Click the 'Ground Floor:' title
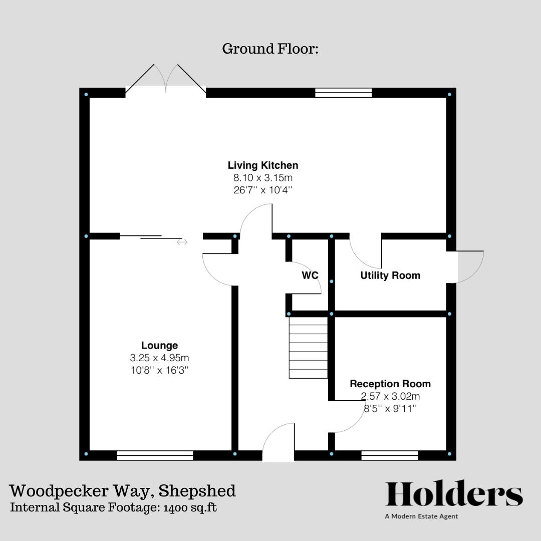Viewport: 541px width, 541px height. tap(270, 49)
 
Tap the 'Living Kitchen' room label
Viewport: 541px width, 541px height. tap(263, 165)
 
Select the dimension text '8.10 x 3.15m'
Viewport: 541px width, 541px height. tap(263, 178)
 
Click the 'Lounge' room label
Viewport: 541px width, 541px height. tap(159, 346)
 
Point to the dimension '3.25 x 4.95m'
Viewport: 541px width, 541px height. tap(159, 358)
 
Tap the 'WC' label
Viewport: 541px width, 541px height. tap(310, 276)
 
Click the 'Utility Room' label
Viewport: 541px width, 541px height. tap(390, 276)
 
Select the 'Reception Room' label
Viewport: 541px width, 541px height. tap(390, 384)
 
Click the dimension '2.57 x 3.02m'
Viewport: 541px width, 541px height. tap(390, 396)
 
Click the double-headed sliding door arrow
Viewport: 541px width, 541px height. tap(182, 242)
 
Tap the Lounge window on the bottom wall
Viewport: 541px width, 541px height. tap(155, 455)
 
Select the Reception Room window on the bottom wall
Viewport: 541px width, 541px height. tap(389, 455)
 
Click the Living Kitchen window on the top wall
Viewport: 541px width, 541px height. tap(344, 93)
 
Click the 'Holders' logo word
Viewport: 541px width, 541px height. tap(454, 494)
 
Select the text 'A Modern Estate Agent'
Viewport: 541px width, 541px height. tap(421, 516)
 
